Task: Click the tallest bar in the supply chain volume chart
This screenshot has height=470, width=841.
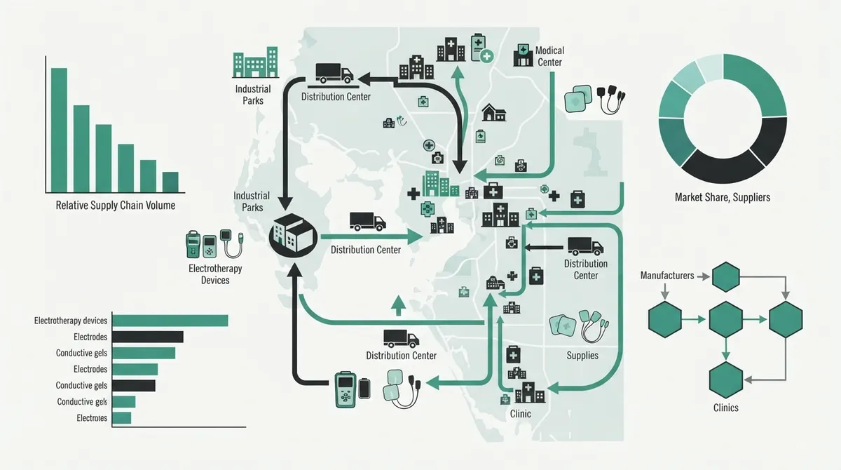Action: [x=59, y=130]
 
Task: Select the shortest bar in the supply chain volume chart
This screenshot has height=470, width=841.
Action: [x=170, y=182]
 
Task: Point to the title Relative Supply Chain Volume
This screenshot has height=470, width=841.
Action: [x=115, y=206]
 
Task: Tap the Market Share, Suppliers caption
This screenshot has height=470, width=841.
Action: [x=723, y=197]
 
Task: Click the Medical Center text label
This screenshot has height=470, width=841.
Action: [x=549, y=56]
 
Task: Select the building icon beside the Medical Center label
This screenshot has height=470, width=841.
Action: [x=523, y=55]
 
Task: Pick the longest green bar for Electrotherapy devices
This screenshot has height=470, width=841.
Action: [x=170, y=321]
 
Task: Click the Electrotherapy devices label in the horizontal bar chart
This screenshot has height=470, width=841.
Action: [x=71, y=321]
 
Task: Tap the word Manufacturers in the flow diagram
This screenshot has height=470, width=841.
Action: [x=667, y=276]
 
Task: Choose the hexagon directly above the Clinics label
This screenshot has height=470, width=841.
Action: [x=726, y=380]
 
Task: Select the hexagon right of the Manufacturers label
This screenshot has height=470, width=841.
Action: [x=726, y=277]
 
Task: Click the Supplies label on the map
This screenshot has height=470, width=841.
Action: [x=582, y=356]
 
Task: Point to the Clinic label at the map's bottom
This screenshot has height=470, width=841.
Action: [x=520, y=414]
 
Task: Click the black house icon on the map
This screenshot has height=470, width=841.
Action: [x=493, y=112]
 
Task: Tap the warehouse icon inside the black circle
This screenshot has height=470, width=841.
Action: [x=293, y=234]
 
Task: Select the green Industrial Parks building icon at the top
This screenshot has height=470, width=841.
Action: [x=256, y=62]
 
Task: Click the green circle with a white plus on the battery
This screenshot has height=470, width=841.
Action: [x=486, y=56]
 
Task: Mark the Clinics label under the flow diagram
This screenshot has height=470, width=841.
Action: [x=726, y=408]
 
